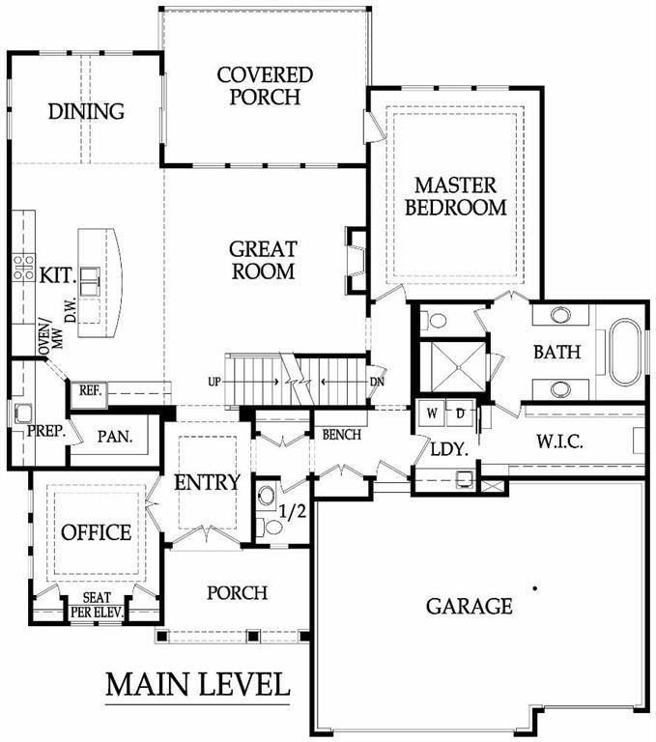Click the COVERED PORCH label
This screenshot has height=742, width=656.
[265, 86]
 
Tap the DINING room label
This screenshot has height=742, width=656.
[86, 111]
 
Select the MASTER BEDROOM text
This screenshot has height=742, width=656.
[456, 196]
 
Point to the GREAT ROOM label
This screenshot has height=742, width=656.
[263, 260]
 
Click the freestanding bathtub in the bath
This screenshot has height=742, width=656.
[625, 352]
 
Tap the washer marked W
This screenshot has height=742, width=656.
[431, 414]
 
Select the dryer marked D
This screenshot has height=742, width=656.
[460, 414]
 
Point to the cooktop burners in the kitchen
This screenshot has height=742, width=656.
[23, 268]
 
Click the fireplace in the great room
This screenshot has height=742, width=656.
[357, 259]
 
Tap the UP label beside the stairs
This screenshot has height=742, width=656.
[214, 382]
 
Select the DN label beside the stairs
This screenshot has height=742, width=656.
[377, 382]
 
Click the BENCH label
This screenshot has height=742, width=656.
[342, 435]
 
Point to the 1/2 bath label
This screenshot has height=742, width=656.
[292, 511]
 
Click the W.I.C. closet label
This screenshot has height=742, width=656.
[559, 442]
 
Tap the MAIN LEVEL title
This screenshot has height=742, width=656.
[197, 684]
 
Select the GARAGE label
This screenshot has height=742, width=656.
[469, 606]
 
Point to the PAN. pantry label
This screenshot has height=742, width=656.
[115, 437]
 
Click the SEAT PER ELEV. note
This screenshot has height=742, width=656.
[97, 605]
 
